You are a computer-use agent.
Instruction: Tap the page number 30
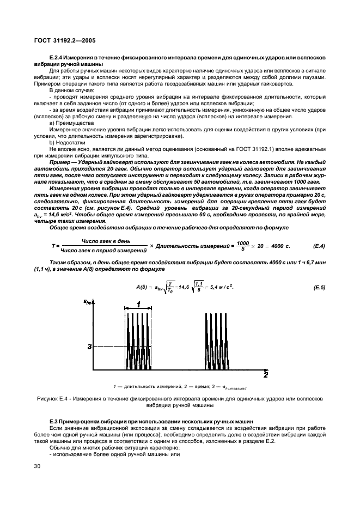pyautogui.click(x=36, y=466)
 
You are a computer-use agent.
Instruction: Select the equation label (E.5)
pyautogui.click(x=316, y=287)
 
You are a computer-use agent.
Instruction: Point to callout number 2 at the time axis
pyautogui.click(x=265, y=375)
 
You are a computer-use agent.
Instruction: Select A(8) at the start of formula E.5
pyautogui.click(x=143, y=287)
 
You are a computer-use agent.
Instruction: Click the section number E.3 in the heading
pyautogui.click(x=54, y=423)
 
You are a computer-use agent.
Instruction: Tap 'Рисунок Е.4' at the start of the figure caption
pyautogui.click(x=54, y=399)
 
